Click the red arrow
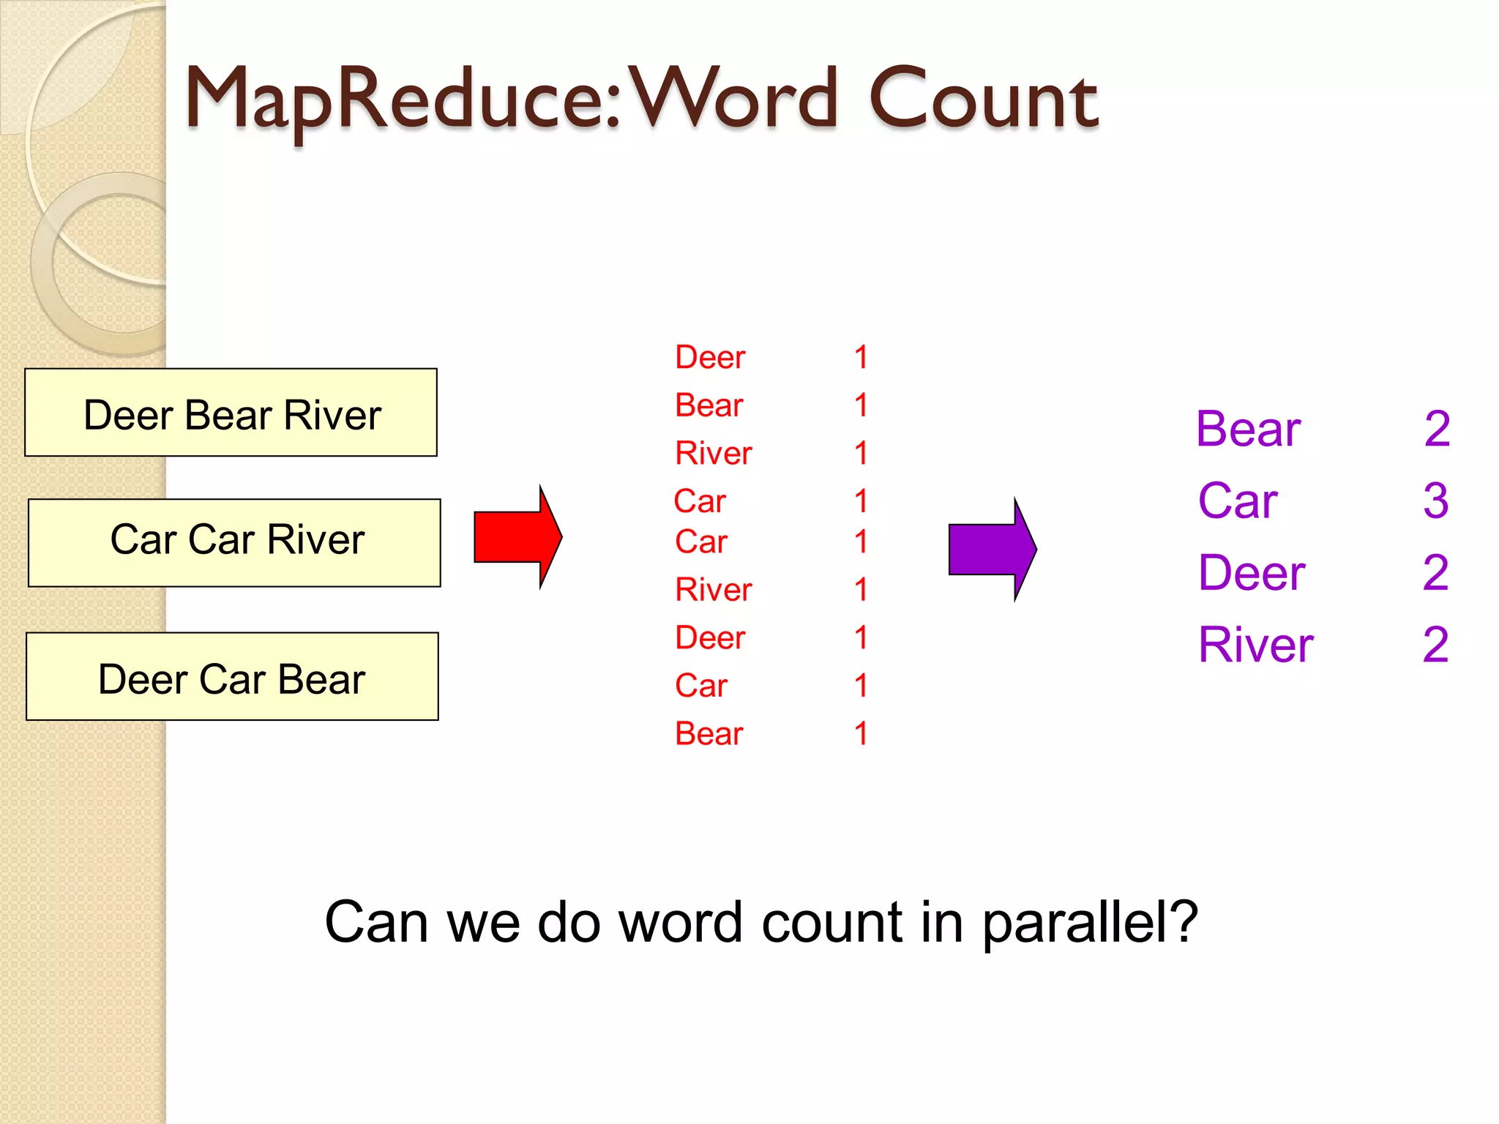[x=516, y=537]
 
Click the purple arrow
[x=990, y=550]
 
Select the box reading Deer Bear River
[x=231, y=413]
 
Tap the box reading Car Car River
[x=234, y=543]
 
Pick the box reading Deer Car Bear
[x=232, y=677]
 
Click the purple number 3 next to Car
[x=1435, y=501]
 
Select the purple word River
[x=1255, y=645]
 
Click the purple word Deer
[x=1252, y=573]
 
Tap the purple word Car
[x=1238, y=501]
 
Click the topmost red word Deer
[x=709, y=358]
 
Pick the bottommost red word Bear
[x=709, y=734]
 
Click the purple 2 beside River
[x=1435, y=645]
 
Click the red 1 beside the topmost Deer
[x=861, y=358]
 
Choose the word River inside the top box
[x=332, y=416]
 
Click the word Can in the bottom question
[x=376, y=923]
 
